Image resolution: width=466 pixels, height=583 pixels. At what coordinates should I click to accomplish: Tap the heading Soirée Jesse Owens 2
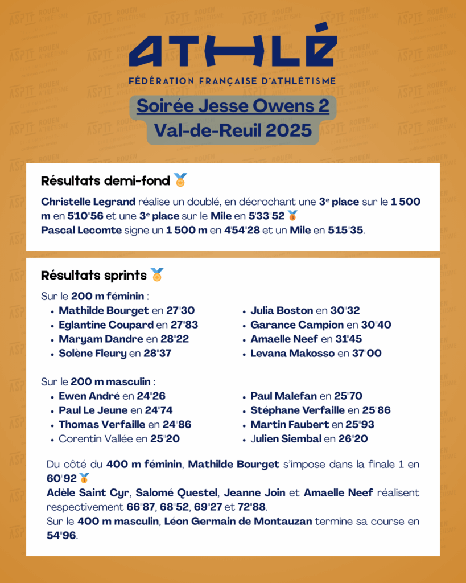pos(233,106)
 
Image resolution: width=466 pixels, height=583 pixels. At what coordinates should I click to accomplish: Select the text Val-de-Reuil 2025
pos(233,130)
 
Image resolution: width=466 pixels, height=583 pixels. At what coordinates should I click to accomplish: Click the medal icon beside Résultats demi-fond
pos(180,180)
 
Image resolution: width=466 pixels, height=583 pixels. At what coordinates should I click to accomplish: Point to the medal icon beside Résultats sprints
pos(157,275)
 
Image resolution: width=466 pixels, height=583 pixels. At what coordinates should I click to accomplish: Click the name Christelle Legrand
pos(88,202)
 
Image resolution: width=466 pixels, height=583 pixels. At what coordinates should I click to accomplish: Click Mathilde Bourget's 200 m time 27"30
pos(181,311)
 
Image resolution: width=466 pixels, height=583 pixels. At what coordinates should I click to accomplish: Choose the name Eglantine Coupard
pos(106,325)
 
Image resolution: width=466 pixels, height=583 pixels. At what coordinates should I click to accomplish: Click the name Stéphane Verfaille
pos(298,410)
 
